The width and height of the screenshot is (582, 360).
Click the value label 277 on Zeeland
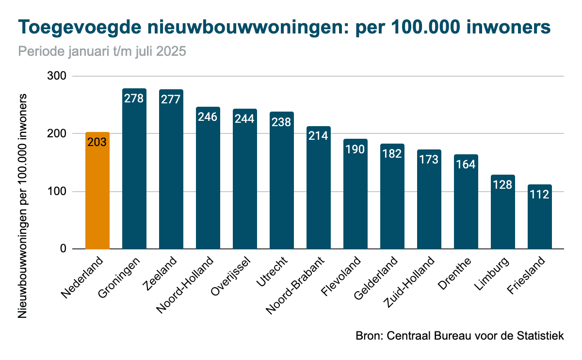click(x=171, y=99)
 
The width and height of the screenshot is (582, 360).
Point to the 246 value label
click(x=208, y=117)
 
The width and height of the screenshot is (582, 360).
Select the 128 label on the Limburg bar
click(x=503, y=185)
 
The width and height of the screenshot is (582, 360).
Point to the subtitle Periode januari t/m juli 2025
click(x=102, y=51)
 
